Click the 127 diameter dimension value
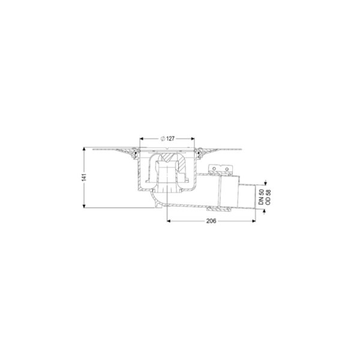coord(170,139)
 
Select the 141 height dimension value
coord(84,177)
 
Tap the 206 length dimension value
coord(211,221)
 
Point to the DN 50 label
coord(261,197)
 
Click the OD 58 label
coord(268,197)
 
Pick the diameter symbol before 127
coord(163,139)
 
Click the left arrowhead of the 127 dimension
coord(142,139)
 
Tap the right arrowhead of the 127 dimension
coord(193,139)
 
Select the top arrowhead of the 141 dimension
coord(84,149)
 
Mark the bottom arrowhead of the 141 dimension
coord(84,206)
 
